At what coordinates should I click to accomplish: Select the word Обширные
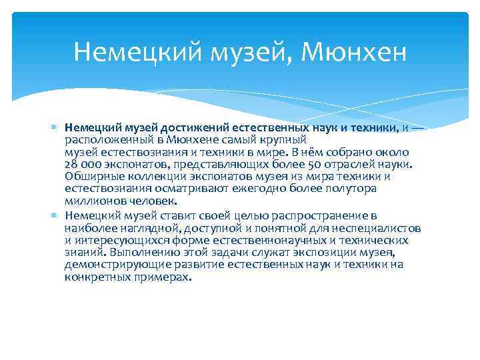(x=89, y=176)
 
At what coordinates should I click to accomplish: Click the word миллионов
(x=90, y=201)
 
